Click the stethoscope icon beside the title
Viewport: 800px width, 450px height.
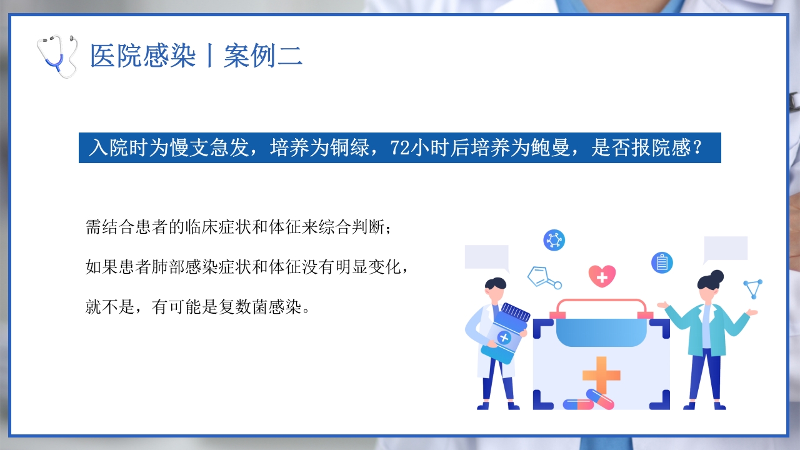pyautogui.click(x=57, y=56)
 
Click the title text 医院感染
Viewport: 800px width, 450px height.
pyautogui.click(x=143, y=56)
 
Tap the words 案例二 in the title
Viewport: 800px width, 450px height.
pyautogui.click(x=263, y=56)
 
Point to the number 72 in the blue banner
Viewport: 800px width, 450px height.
pyautogui.click(x=398, y=148)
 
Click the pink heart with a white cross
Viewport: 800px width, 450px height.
pyautogui.click(x=602, y=276)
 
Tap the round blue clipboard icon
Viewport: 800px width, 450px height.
pyautogui.click(x=662, y=262)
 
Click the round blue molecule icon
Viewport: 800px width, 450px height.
pyautogui.click(x=554, y=240)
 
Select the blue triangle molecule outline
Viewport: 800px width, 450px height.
pyautogui.click(x=753, y=289)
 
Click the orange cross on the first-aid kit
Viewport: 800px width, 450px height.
pyautogui.click(x=601, y=375)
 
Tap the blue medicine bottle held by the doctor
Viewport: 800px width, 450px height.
pyautogui.click(x=507, y=332)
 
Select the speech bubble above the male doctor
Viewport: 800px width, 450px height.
pyautogui.click(x=487, y=257)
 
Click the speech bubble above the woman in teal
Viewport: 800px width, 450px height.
pyautogui.click(x=726, y=249)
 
